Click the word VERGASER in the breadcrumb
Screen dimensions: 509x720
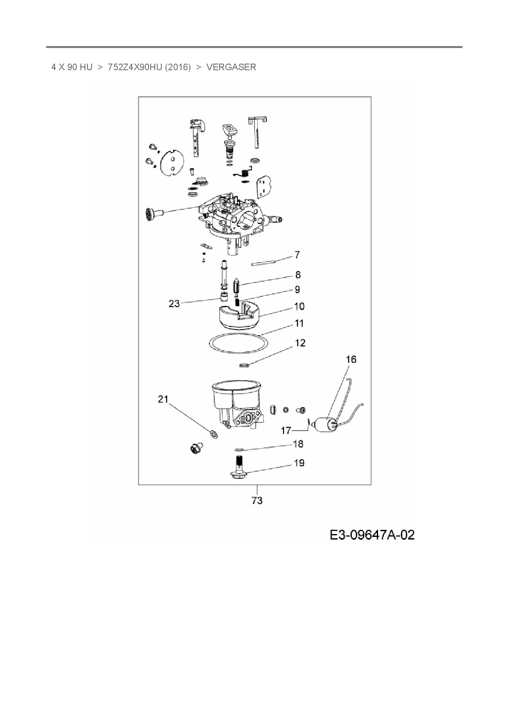tap(231, 67)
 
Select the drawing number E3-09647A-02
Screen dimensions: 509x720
tap(372, 535)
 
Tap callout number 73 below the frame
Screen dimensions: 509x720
tap(257, 501)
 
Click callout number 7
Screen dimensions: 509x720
tap(297, 255)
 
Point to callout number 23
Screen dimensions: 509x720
tap(174, 304)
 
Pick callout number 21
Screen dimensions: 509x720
tap(163, 399)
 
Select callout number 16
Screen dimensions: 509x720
tap(351, 360)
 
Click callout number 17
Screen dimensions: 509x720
tap(286, 431)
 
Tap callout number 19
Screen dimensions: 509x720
tap(299, 463)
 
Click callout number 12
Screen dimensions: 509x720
tap(300, 343)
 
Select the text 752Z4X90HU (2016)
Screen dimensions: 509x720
tap(149, 67)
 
